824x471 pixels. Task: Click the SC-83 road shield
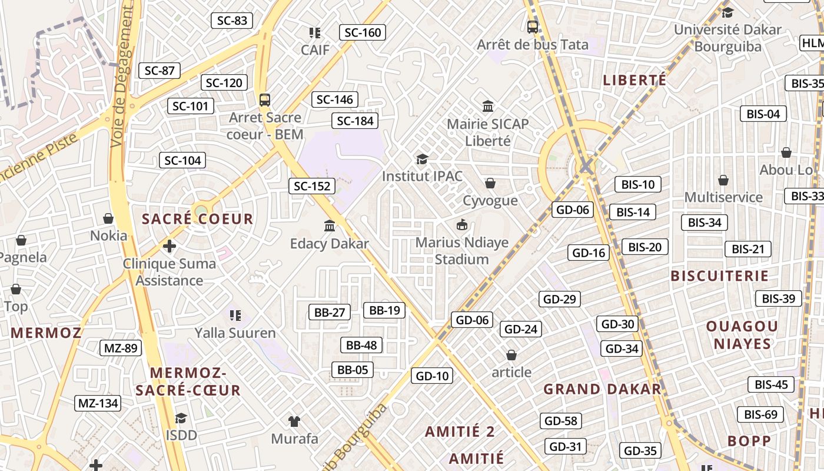pyautogui.click(x=232, y=21)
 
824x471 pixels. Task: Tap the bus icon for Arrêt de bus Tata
pyautogui.click(x=532, y=26)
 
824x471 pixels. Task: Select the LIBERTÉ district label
pyautogui.click(x=635, y=80)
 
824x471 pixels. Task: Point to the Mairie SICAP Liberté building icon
pyautogui.click(x=488, y=107)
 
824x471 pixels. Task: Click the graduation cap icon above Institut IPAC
pyautogui.click(x=422, y=159)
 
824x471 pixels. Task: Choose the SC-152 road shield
pyautogui.click(x=312, y=187)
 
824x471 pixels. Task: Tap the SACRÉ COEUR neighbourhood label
pyautogui.click(x=197, y=219)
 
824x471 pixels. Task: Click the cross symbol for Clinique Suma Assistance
pyautogui.click(x=170, y=246)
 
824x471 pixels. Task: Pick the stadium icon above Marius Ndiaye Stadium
pyautogui.click(x=461, y=225)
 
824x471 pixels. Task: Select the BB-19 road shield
pyautogui.click(x=384, y=310)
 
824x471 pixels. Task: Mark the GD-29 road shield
pyautogui.click(x=560, y=299)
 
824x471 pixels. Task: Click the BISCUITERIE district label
pyautogui.click(x=719, y=276)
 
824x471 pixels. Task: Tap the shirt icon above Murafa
pyautogui.click(x=294, y=421)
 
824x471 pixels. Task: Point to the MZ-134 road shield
pyautogui.click(x=98, y=403)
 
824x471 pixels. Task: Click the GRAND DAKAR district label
pyautogui.click(x=602, y=389)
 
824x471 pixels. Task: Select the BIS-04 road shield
pyautogui.click(x=763, y=114)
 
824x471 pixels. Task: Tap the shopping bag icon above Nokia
pyautogui.click(x=108, y=218)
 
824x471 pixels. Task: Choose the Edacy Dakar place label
pyautogui.click(x=330, y=244)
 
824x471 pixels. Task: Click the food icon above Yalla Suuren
pyautogui.click(x=235, y=316)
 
